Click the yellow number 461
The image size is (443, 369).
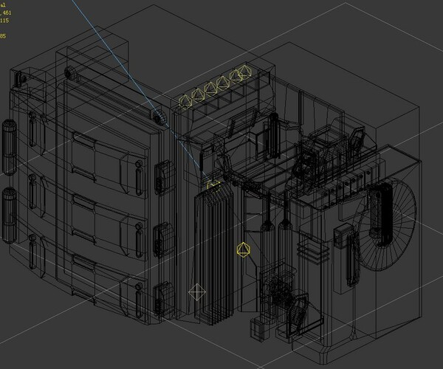6,13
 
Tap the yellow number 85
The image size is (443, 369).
3,35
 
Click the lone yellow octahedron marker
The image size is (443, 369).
241,249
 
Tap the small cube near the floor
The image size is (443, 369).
258,329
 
